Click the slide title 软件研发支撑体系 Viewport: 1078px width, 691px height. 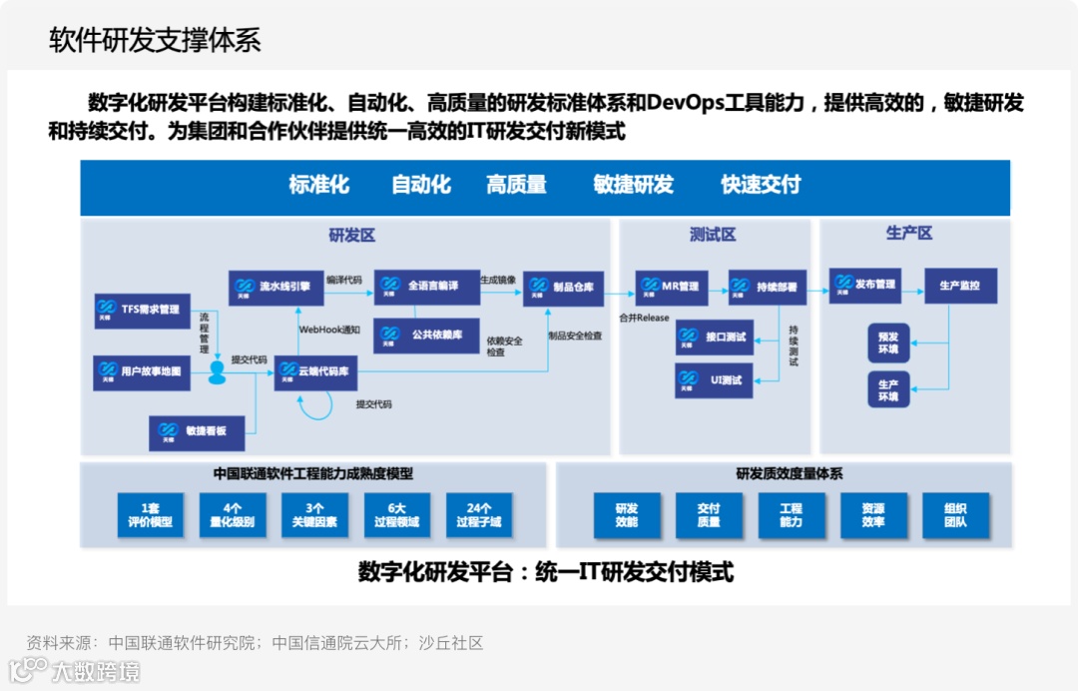tap(155, 40)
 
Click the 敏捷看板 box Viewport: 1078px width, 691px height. tap(198, 430)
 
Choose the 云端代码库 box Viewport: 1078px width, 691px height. tap(315, 371)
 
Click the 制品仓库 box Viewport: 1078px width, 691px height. tap(563, 288)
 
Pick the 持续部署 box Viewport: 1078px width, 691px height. tap(767, 287)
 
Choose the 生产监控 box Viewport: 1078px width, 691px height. tap(960, 286)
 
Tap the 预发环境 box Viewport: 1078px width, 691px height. tap(888, 343)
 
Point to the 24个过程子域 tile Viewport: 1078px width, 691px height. tap(479, 515)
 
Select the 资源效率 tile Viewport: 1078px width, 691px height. tap(873, 515)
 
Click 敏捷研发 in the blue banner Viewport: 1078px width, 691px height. tap(633, 185)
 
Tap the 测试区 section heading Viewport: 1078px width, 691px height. tap(712, 236)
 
